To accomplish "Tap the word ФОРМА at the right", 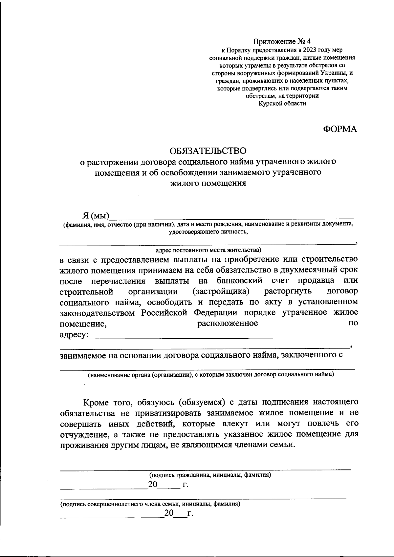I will point(340,129).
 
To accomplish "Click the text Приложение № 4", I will point(281,42).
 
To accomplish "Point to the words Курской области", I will point(282,104).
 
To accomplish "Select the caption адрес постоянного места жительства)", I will point(208,250).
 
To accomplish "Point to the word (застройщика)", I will point(221,291).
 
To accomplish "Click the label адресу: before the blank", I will point(74,335).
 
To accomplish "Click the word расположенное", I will point(227,324).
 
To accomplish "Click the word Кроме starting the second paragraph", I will point(97,402).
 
